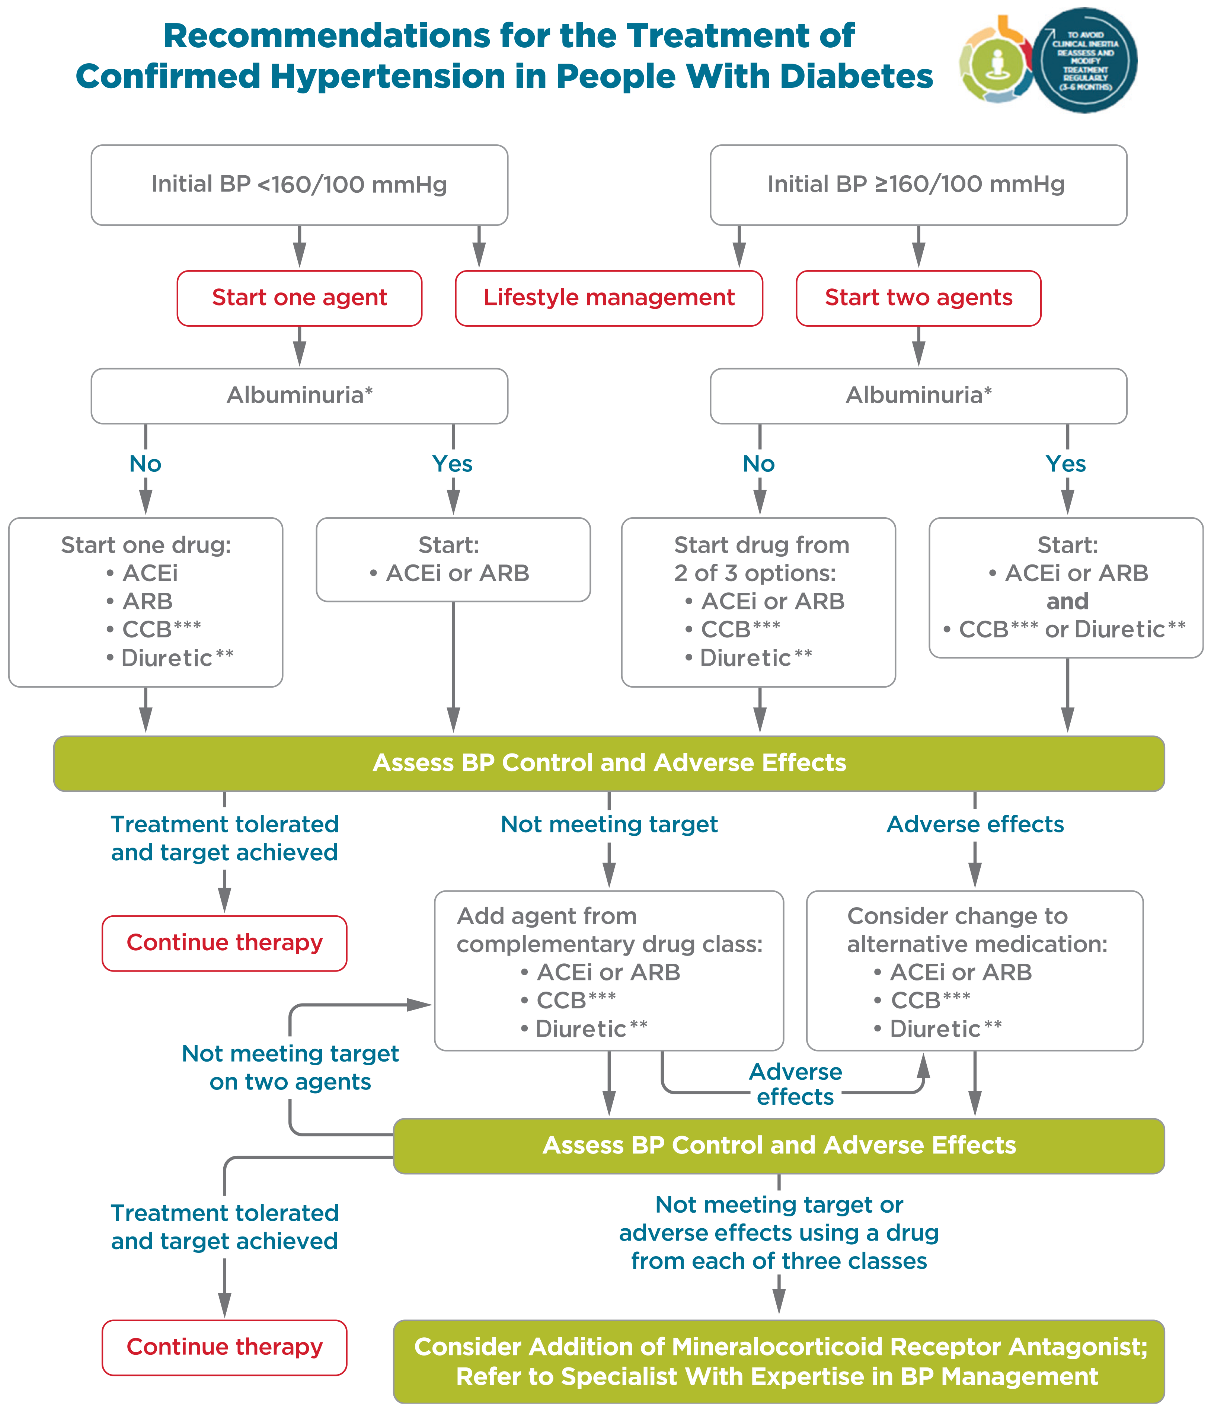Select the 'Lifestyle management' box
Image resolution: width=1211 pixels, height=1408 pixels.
coord(609,298)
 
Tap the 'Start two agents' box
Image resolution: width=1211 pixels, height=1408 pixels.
coord(918,298)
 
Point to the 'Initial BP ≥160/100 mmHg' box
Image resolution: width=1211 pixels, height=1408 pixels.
coord(918,184)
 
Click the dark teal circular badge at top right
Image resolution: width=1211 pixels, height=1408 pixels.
coord(1085,61)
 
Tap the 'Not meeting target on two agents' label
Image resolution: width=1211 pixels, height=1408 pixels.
coord(290,1067)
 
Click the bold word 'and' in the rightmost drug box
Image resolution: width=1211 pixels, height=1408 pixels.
coord(1067,601)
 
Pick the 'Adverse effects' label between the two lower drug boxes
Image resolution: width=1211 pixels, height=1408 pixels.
coord(795,1084)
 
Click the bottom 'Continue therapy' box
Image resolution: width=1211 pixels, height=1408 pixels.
coord(224,1347)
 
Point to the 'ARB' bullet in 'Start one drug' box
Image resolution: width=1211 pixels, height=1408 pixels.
coord(147,601)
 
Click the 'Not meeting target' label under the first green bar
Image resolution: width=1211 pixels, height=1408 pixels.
coord(609,824)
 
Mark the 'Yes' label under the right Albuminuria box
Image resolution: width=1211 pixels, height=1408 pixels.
coord(1065,464)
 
